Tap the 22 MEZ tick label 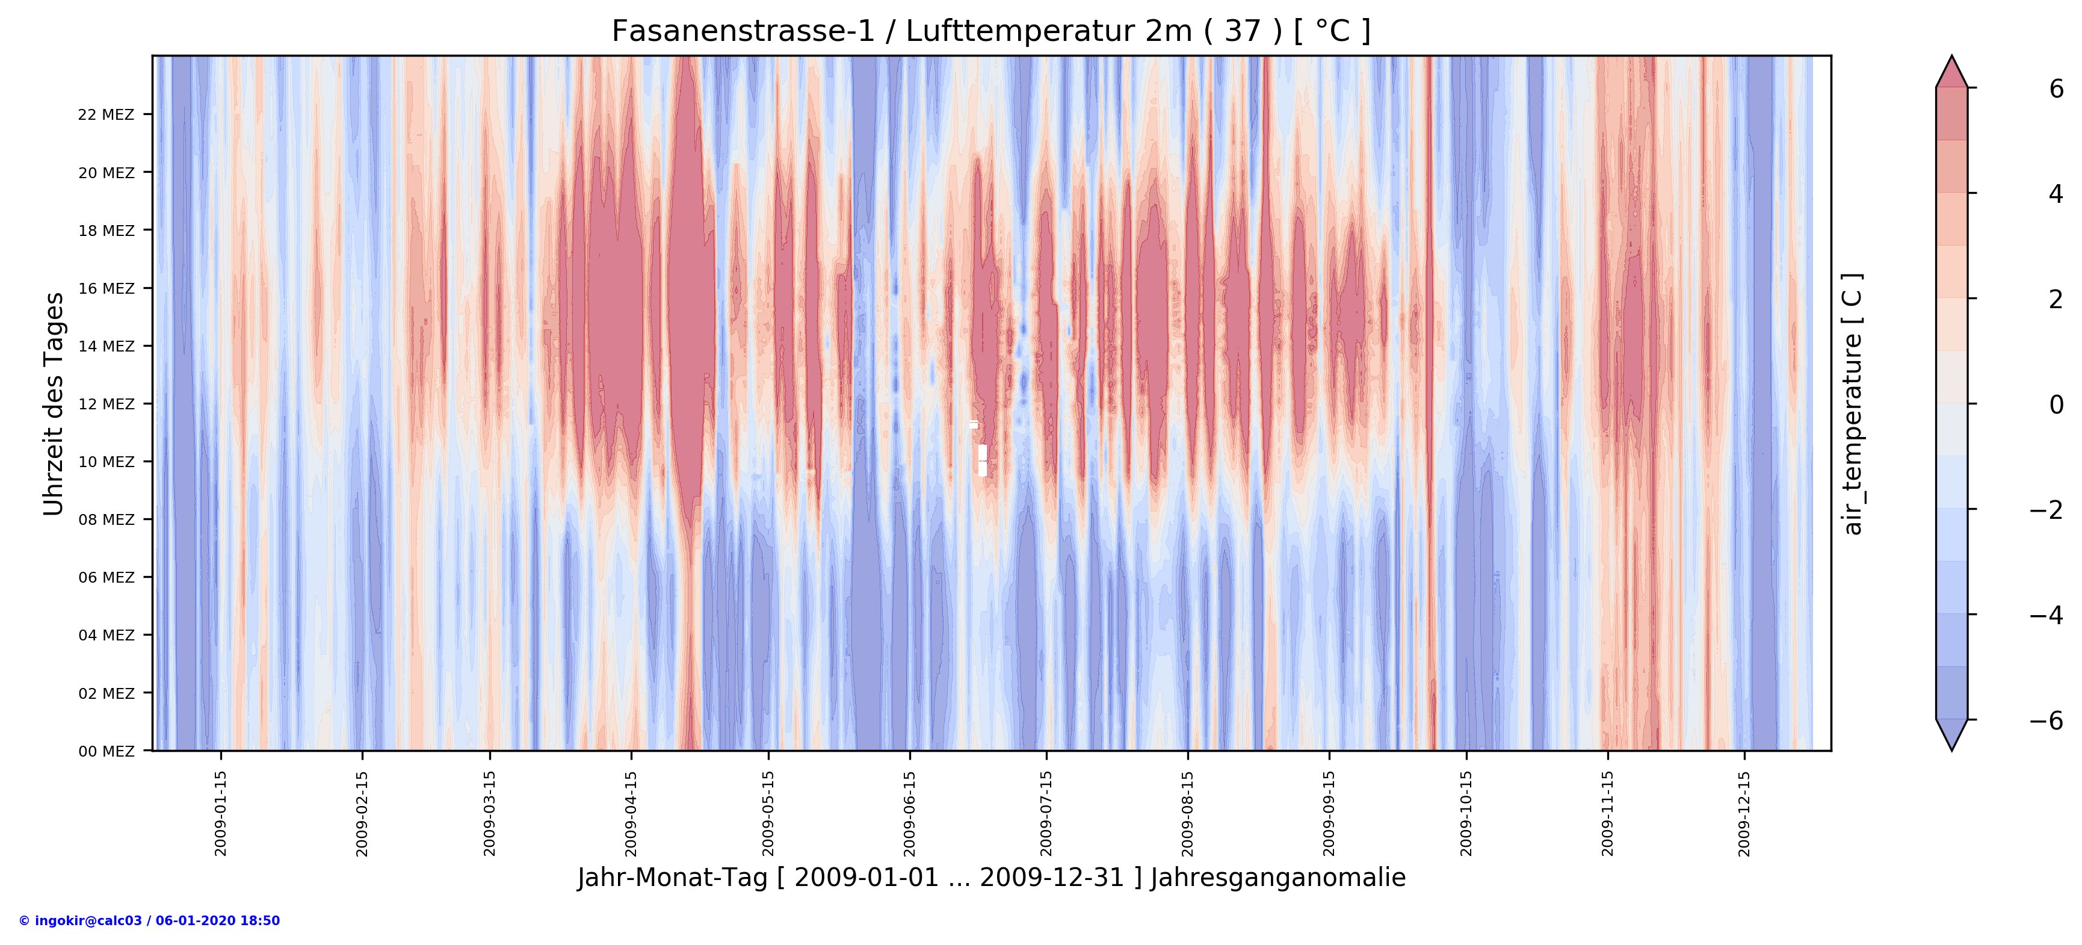click(x=106, y=115)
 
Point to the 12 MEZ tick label click(x=106, y=404)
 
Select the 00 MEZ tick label click(x=106, y=752)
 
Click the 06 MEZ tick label click(x=106, y=578)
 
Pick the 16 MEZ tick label click(x=106, y=288)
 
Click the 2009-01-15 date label click(x=221, y=813)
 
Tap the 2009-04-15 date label click(x=631, y=813)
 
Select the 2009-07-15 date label click(x=1046, y=813)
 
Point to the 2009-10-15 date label click(x=1466, y=813)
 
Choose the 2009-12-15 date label click(x=1744, y=813)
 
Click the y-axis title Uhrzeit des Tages click(x=54, y=404)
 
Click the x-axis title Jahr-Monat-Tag click(x=991, y=878)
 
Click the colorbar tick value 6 click(x=2056, y=89)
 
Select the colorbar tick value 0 click(x=2056, y=404)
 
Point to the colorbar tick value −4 click(x=2046, y=615)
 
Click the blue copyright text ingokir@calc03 click(x=149, y=921)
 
